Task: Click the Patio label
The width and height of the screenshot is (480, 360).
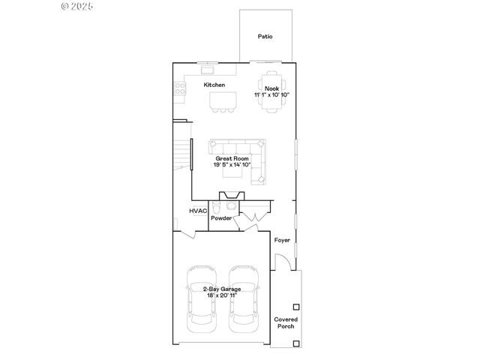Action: pyautogui.click(x=265, y=36)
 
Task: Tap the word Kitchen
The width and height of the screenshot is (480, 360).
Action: pyautogui.click(x=214, y=85)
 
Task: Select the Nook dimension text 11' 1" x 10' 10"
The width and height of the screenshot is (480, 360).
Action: pyautogui.click(x=271, y=95)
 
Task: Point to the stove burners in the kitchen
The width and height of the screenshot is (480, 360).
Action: pyautogui.click(x=180, y=90)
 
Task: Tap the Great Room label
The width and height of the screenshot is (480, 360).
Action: pyautogui.click(x=232, y=159)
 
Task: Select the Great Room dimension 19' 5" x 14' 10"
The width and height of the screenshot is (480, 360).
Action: pyautogui.click(x=232, y=165)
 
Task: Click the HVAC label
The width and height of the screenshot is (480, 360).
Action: pyautogui.click(x=198, y=212)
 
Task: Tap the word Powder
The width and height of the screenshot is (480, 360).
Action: pyautogui.click(x=220, y=218)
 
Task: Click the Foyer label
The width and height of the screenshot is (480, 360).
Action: pyautogui.click(x=282, y=240)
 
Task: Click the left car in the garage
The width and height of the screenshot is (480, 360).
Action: pyautogui.click(x=200, y=298)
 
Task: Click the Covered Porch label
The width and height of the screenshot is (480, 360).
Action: pyautogui.click(x=286, y=322)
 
